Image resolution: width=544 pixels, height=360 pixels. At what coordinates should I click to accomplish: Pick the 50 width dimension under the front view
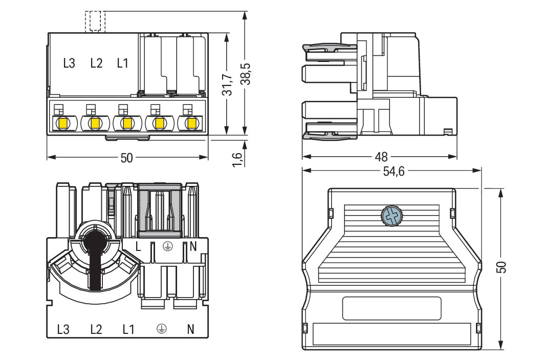point(127,158)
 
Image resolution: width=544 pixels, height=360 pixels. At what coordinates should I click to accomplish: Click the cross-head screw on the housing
point(391,216)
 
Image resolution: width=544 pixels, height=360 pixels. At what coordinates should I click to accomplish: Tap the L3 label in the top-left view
point(69,63)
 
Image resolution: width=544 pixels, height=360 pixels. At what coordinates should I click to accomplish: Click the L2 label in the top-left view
point(96,63)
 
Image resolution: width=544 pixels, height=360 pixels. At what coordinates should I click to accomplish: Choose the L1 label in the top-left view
point(123,63)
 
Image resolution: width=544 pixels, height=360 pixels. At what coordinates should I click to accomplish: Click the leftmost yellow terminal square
point(63,123)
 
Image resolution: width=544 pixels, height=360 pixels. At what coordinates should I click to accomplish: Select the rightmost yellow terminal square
point(191,123)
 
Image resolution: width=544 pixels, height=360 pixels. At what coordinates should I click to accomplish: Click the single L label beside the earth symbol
point(138,246)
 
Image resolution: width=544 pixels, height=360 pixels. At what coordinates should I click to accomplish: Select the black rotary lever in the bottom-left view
point(95,261)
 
